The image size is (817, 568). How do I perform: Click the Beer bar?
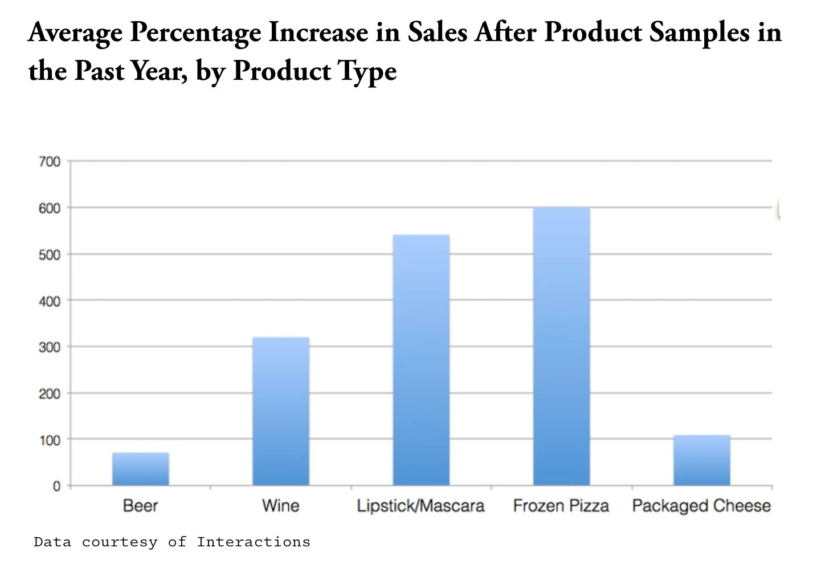(140, 469)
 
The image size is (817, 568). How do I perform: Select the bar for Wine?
(281, 411)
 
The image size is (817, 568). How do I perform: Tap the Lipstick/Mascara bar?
(421, 360)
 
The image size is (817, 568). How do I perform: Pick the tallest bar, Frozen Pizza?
(561, 346)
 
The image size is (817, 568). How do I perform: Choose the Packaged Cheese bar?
(701, 460)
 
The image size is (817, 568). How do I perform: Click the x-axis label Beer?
(140, 506)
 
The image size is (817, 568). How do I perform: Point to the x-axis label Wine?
(280, 506)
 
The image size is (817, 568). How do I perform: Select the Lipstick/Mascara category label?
(420, 506)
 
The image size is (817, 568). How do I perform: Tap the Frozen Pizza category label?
(561, 506)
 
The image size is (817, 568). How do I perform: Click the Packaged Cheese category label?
(701, 506)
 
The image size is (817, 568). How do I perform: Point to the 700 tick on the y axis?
(50, 162)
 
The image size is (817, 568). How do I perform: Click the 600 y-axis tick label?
(50, 209)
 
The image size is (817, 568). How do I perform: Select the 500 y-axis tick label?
(50, 255)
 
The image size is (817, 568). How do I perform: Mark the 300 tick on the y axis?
(50, 347)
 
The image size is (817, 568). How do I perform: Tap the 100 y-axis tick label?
(50, 440)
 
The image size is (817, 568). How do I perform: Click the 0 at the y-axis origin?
(56, 486)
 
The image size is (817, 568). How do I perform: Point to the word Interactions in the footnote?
(254, 542)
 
